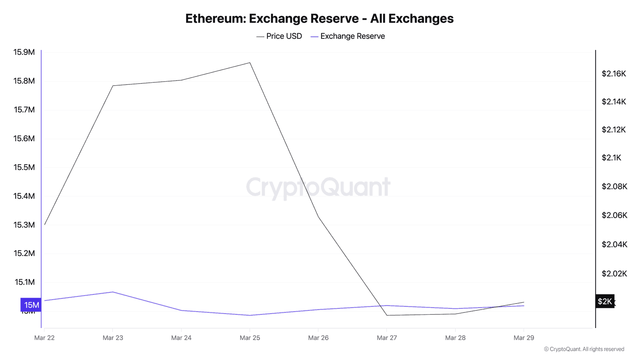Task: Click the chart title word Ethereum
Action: pyautogui.click(x=215, y=18)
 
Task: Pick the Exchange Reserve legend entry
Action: pyautogui.click(x=348, y=36)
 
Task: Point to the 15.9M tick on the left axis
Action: pyautogui.click(x=24, y=52)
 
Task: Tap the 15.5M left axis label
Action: pyautogui.click(x=24, y=167)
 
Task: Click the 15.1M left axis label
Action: pyautogui.click(x=24, y=282)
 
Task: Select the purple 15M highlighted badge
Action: pyautogui.click(x=31, y=305)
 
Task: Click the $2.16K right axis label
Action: pyautogui.click(x=614, y=74)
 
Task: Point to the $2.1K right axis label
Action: pyautogui.click(x=611, y=158)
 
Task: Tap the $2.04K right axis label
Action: pyautogui.click(x=614, y=244)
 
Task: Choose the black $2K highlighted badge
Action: pyautogui.click(x=604, y=301)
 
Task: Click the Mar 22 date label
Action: pyautogui.click(x=44, y=338)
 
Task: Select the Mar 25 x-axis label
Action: pyautogui.click(x=250, y=338)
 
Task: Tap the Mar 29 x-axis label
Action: pyautogui.click(x=524, y=338)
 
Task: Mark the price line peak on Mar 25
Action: pyautogui.click(x=250, y=62)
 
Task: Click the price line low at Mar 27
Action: pyautogui.click(x=387, y=315)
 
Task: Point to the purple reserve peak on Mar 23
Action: pyautogui.click(x=113, y=292)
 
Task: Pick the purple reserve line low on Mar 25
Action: pyautogui.click(x=250, y=315)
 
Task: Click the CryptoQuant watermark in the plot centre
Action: pyautogui.click(x=318, y=187)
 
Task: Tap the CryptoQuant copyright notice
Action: pyautogui.click(x=584, y=349)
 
